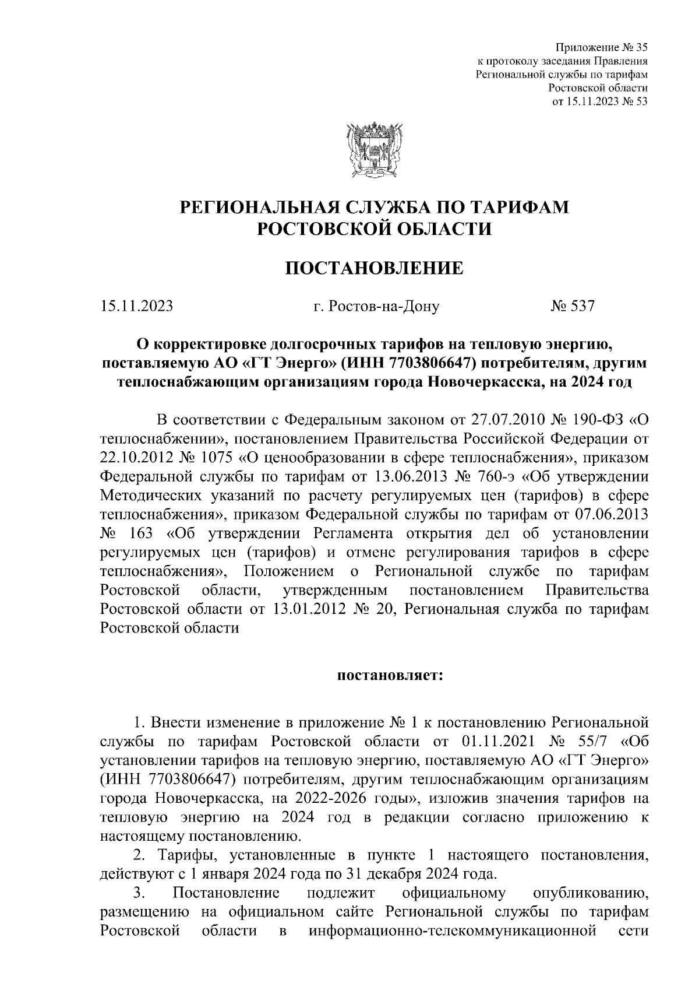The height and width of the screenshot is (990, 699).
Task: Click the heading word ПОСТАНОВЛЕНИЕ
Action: [x=375, y=268]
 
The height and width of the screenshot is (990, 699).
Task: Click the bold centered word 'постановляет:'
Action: [x=390, y=676]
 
